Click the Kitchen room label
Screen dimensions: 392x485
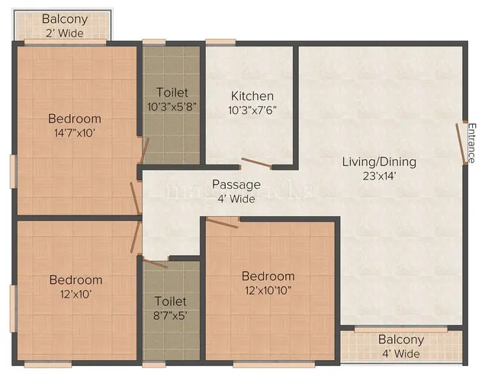[252, 96]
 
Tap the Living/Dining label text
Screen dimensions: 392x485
[379, 161]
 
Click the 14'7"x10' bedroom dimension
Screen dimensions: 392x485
[75, 132]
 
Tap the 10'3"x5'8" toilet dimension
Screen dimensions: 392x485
[172, 106]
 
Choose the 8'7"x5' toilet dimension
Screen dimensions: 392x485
[171, 314]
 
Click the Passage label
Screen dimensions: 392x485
[236, 184]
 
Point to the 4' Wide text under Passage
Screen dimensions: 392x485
[236, 199]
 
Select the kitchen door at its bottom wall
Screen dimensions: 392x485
[254, 164]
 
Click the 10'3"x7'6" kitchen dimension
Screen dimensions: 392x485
[252, 110]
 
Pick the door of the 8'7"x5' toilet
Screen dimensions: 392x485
[155, 262]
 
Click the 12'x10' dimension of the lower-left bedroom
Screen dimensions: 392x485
[75, 293]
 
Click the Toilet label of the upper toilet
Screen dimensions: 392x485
[172, 92]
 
